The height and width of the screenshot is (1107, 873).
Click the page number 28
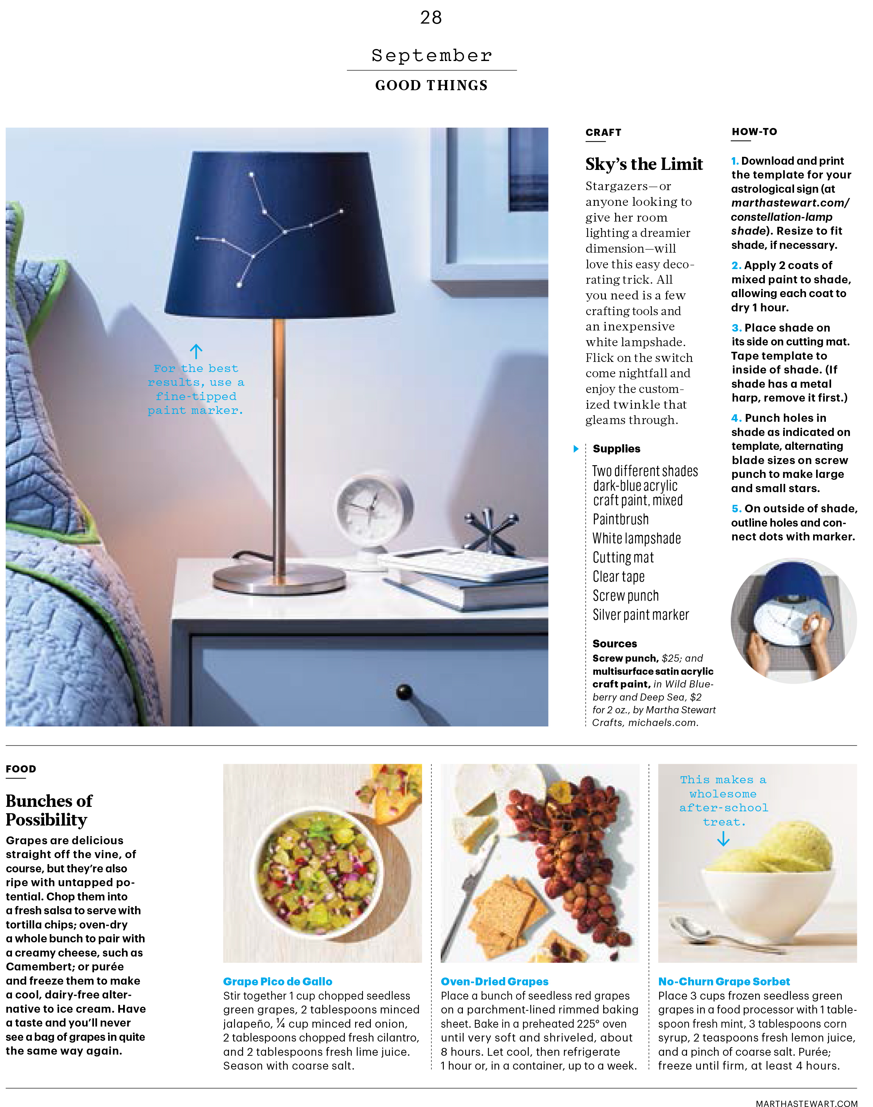tap(430, 18)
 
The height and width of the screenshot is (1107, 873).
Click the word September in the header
tap(431, 55)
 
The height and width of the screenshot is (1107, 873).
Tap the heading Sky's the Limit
tap(644, 164)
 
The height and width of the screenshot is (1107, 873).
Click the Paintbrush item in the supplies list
tap(620, 519)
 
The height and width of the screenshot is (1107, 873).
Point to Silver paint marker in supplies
tap(641, 615)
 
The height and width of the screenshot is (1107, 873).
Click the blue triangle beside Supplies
tap(576, 449)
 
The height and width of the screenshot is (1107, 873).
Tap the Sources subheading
tap(614, 643)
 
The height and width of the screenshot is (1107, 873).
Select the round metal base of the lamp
tap(279, 580)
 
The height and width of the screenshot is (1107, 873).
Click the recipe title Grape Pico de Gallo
tap(278, 981)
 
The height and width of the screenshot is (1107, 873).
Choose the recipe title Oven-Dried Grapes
tap(494, 981)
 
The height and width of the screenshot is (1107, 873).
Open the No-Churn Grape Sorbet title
tap(724, 981)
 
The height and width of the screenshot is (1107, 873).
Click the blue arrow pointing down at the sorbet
tap(723, 839)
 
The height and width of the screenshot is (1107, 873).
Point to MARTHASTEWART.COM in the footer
tap(806, 1100)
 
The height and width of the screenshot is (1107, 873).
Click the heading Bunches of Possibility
tap(49, 810)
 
